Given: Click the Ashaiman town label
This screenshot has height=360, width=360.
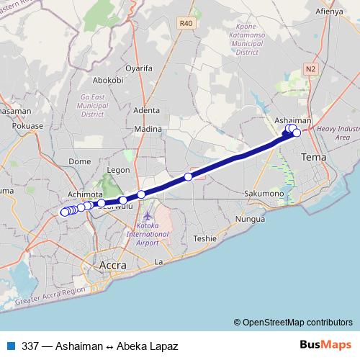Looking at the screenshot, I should (294, 121).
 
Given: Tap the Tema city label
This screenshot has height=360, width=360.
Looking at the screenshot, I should (313, 156).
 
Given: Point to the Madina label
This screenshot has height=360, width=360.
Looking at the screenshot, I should (148, 130).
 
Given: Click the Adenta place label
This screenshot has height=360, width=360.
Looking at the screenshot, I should (147, 110).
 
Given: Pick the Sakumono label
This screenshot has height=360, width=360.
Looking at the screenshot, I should (264, 194).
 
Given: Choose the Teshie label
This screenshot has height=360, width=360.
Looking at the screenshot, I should (204, 238).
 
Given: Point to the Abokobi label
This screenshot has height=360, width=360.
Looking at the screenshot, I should (109, 80).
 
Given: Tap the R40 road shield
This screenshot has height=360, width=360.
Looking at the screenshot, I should (186, 23).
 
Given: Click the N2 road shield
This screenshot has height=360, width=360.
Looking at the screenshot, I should (310, 69).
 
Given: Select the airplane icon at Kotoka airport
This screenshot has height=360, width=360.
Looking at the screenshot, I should (148, 216).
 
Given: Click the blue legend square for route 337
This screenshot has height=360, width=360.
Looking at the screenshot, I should (10, 346).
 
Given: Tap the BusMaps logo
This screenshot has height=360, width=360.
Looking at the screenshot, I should (325, 345).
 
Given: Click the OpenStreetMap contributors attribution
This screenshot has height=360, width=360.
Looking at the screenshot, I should (292, 322).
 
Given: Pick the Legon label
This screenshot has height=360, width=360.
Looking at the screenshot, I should (118, 171).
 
